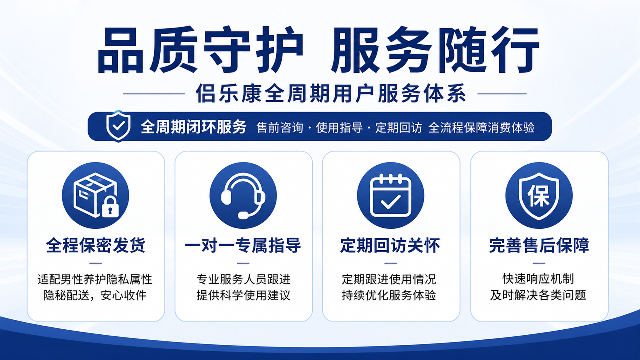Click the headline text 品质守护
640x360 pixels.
200,50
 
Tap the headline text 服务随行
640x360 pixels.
435,50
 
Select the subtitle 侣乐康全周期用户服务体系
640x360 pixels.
331,93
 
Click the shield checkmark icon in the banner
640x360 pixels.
118,126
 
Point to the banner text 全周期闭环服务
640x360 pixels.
193,127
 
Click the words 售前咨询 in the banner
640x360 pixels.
280,127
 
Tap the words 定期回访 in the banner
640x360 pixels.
398,127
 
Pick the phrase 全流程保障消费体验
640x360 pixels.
481,127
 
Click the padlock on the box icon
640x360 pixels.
110,207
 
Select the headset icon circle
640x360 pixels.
243,195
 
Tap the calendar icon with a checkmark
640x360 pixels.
390,196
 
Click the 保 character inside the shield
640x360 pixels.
538,196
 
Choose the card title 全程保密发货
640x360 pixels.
96,245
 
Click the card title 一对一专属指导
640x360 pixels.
243,245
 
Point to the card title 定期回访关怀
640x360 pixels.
390,245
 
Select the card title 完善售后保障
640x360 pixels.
539,245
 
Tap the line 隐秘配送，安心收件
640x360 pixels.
95,295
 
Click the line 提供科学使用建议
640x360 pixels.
243,295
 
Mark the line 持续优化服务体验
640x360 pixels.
389,295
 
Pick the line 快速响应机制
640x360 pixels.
538,279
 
